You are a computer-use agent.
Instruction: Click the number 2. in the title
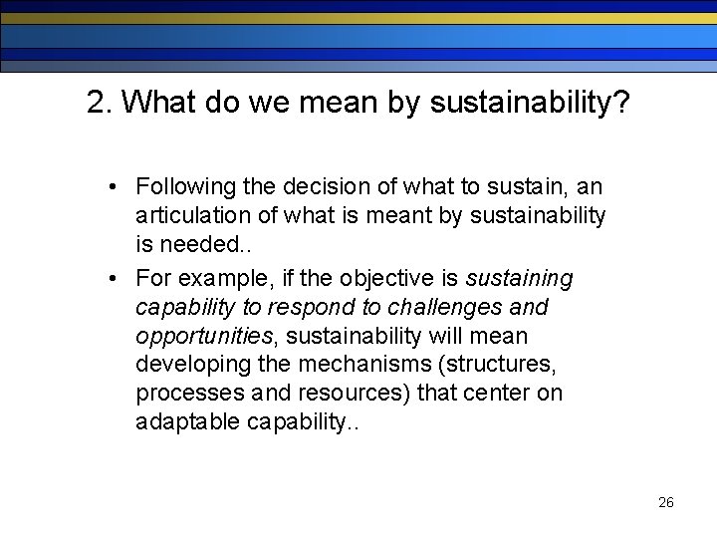(99, 102)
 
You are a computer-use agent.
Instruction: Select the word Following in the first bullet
(179, 187)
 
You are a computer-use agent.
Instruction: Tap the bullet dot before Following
(117, 187)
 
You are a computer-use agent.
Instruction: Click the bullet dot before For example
(117, 277)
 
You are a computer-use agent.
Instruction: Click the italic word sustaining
(519, 277)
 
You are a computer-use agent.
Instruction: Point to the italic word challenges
(455, 306)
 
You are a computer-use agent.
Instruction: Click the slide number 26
(666, 502)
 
